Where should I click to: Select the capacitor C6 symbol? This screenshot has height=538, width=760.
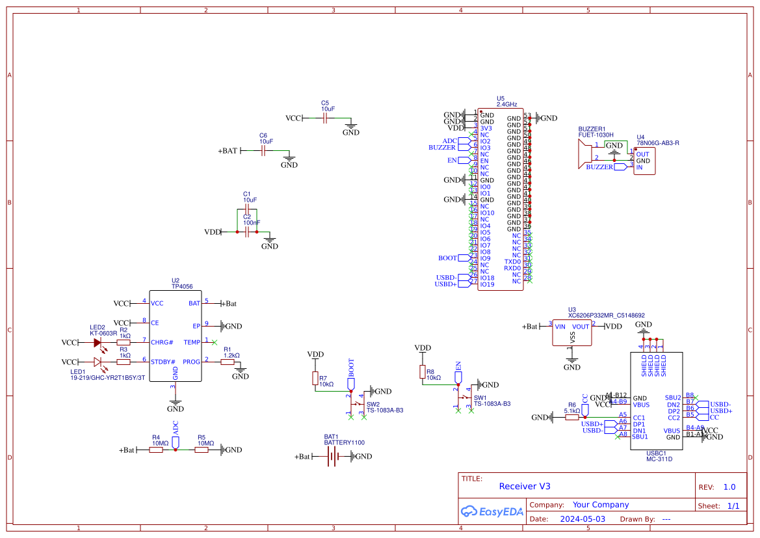(263, 151)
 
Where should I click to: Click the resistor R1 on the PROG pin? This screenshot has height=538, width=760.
(227, 362)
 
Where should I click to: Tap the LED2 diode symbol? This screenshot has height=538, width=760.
(98, 342)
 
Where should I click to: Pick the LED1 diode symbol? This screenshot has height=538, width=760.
(98, 362)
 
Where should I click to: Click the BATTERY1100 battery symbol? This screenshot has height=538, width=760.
(332, 457)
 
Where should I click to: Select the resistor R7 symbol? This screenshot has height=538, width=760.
(315, 379)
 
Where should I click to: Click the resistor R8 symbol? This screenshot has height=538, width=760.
(422, 372)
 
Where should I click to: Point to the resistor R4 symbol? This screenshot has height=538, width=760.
(156, 450)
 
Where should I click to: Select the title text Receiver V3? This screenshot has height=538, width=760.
(525, 486)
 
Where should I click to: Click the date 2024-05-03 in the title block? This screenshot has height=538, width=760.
(583, 519)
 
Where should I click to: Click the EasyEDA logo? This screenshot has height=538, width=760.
(492, 511)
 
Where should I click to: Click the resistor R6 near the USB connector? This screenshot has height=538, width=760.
(572, 417)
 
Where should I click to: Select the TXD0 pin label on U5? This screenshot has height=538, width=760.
(512, 262)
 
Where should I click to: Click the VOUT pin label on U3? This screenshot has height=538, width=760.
(580, 327)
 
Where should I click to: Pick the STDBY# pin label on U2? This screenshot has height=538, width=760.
(163, 362)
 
